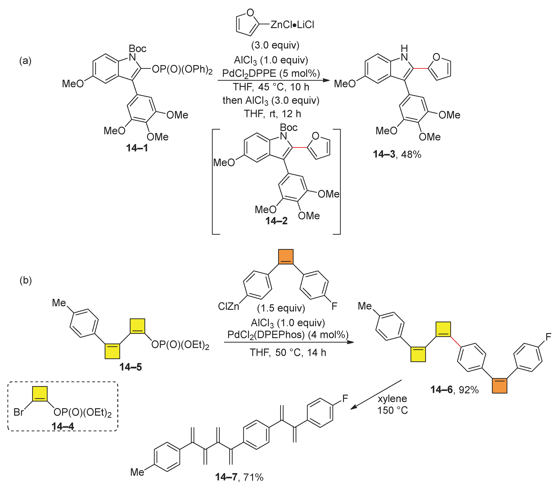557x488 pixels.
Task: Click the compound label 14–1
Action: point(137,148)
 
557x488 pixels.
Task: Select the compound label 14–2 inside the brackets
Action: point(276,221)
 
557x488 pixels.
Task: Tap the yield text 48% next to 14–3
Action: point(411,154)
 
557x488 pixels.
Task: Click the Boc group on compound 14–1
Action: point(137,49)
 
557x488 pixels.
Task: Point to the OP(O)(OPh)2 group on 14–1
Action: point(182,69)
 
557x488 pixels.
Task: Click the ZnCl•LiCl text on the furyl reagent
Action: point(292,25)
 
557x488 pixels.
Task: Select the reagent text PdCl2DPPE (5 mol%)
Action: point(271,73)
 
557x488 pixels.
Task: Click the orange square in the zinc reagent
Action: point(286,256)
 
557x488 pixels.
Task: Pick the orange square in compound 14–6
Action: point(499,385)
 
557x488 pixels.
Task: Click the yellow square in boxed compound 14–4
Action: point(40,394)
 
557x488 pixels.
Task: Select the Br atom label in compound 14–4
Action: point(19,412)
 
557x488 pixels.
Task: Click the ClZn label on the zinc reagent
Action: point(228,306)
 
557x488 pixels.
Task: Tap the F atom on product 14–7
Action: point(345,398)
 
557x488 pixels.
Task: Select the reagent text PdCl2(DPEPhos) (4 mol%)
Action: point(288,335)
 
